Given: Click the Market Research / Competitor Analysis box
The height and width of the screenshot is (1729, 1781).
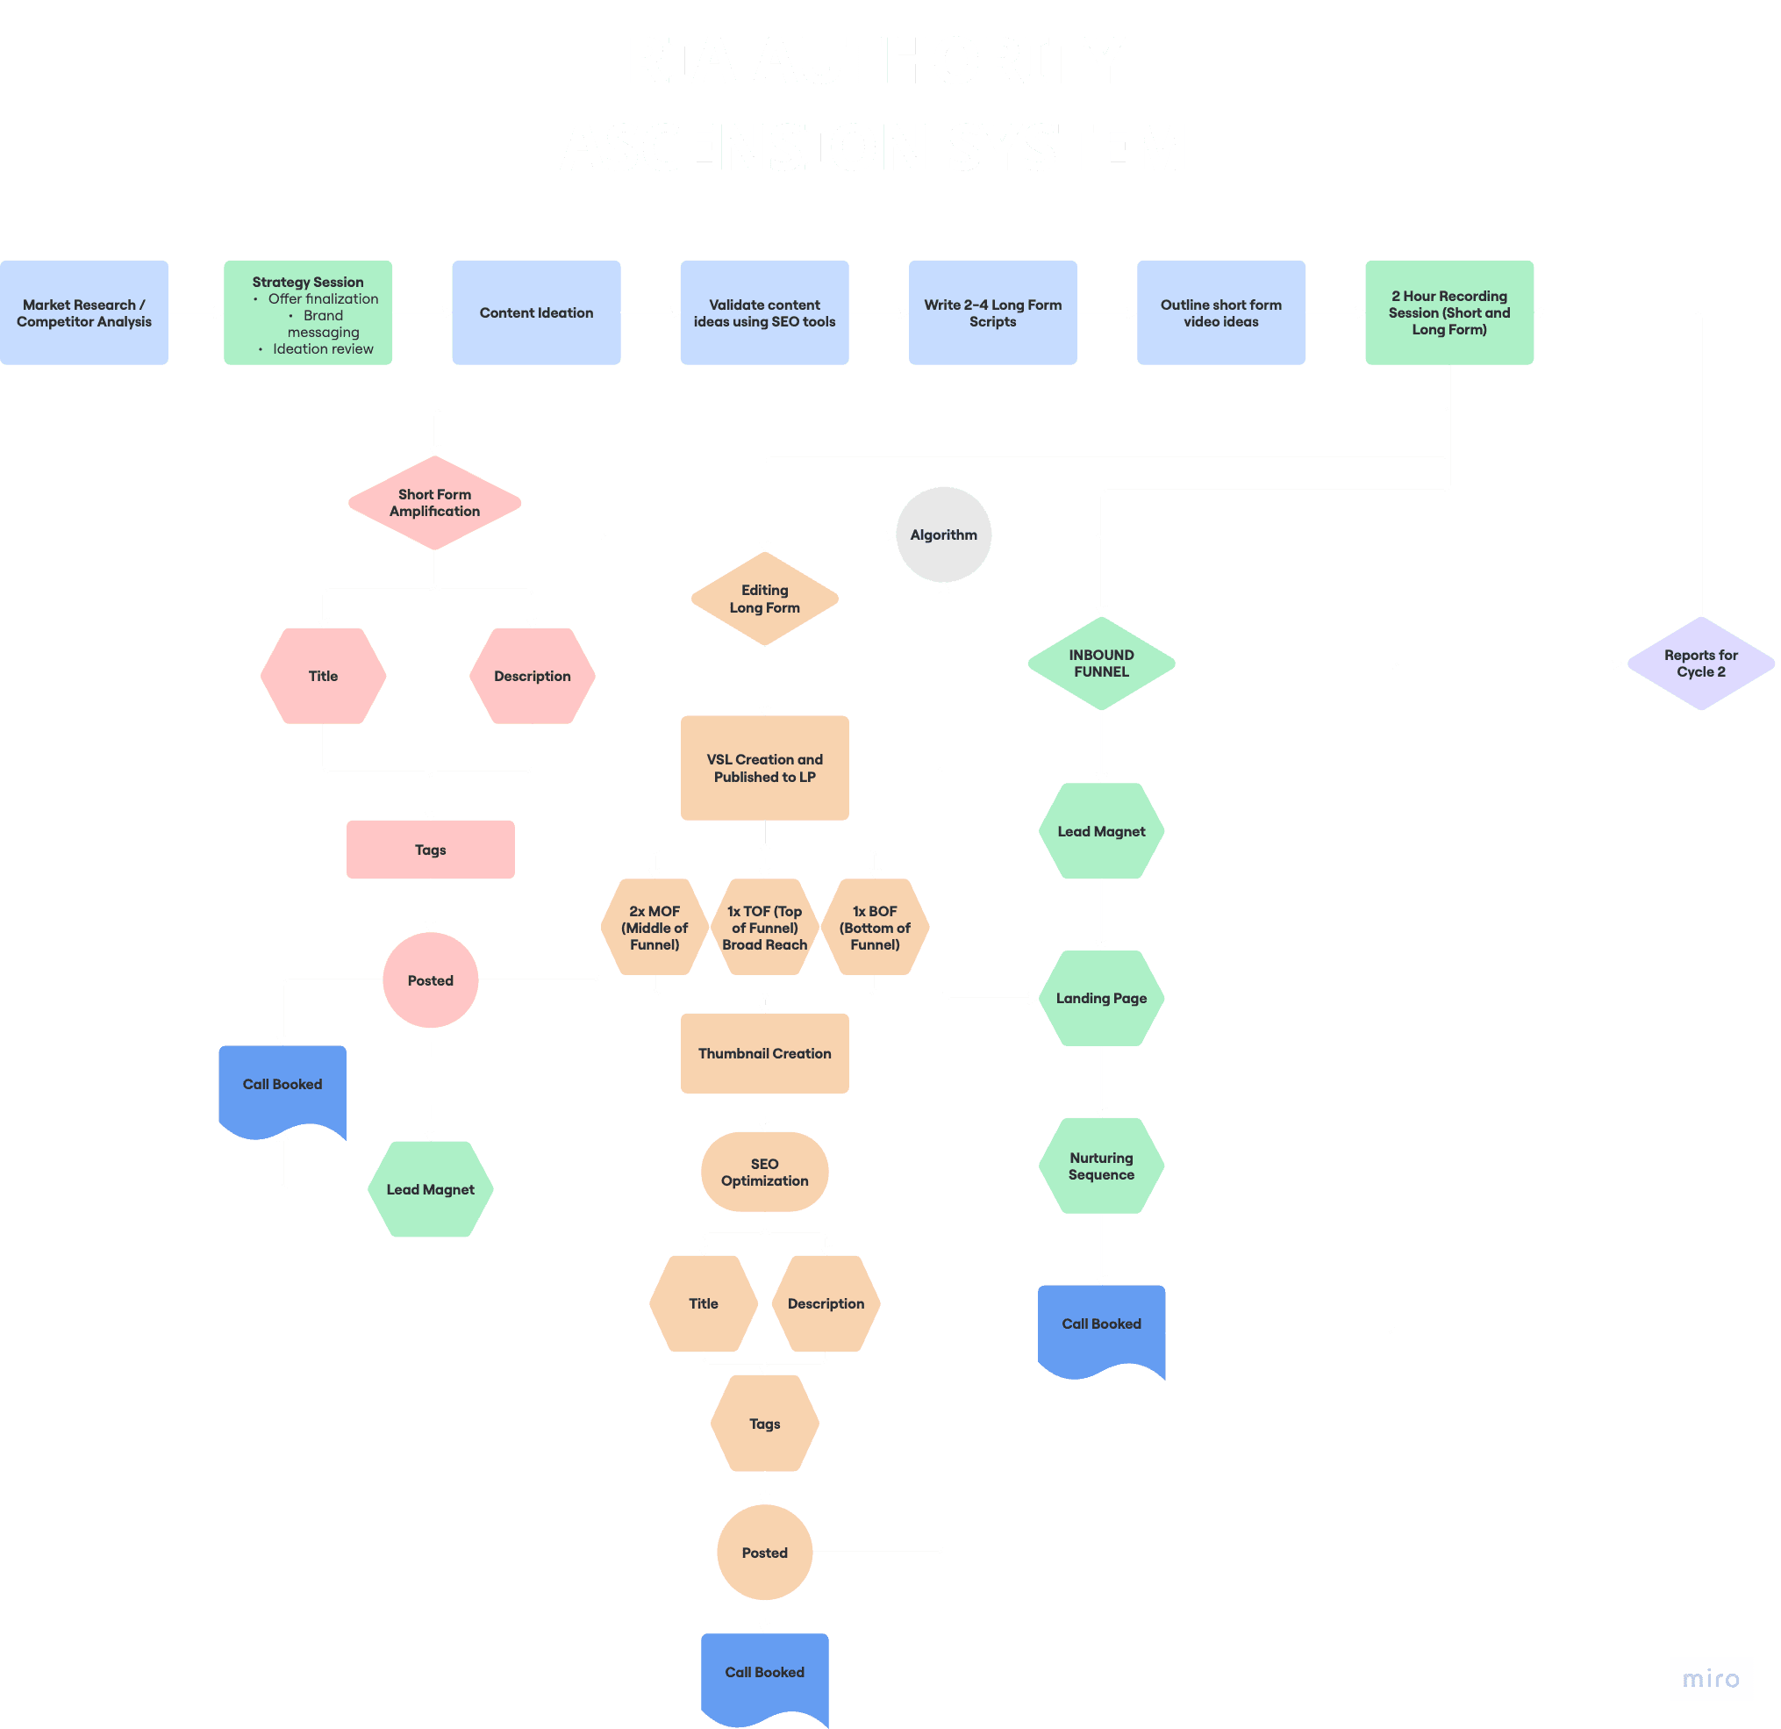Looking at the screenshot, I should [83, 312].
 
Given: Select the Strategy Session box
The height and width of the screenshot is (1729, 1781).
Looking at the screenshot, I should [308, 312].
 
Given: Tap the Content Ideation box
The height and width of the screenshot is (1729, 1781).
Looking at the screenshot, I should [536, 312].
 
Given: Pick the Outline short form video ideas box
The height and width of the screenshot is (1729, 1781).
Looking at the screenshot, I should [1220, 312].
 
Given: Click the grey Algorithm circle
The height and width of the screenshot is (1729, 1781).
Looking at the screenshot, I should [943, 534].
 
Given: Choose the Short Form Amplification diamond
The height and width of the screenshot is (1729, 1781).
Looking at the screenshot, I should [434, 503].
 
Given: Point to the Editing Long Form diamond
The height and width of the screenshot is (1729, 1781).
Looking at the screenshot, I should [764, 599].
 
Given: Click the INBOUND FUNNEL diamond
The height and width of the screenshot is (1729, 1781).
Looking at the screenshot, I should [1100, 664].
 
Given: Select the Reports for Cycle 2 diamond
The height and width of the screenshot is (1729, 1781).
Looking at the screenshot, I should [1700, 664].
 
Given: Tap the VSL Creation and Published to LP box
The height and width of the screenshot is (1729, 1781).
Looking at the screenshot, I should [764, 768].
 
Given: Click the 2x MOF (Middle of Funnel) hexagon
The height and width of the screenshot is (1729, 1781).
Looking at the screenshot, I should [654, 927].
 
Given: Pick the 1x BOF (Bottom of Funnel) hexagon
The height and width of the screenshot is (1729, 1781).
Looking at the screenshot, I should [875, 927].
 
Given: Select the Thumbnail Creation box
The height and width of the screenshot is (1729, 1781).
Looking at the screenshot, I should [764, 1053].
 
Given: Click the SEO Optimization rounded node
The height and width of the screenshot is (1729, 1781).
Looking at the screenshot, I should [764, 1172].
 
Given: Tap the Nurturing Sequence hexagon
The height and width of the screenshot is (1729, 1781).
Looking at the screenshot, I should [1100, 1166].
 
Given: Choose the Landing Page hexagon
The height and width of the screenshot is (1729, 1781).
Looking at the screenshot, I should [1100, 998].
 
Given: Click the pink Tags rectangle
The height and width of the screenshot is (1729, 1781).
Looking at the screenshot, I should [430, 850].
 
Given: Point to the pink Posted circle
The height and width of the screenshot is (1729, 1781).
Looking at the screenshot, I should [430, 980].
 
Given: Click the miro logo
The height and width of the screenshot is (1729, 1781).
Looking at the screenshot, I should [1710, 1678].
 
